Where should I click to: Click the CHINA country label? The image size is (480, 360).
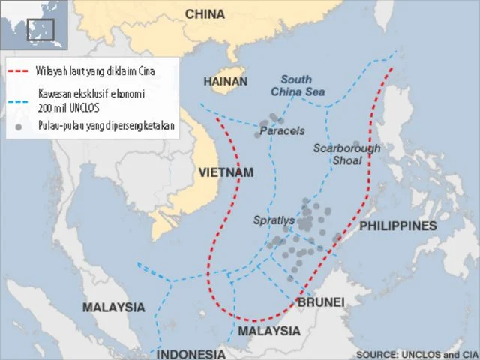point(205,13)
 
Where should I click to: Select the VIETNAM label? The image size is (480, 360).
point(226,172)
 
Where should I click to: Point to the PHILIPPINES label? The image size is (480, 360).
point(398,226)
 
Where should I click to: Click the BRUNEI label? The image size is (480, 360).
point(321,301)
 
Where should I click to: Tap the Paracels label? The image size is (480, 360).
point(282,131)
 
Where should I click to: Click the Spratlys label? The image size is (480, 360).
point(274,220)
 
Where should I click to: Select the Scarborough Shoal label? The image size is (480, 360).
point(346,154)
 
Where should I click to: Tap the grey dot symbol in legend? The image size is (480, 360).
point(19,126)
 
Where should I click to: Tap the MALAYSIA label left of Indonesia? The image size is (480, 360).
point(113,307)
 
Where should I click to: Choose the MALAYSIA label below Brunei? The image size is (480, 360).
point(268,331)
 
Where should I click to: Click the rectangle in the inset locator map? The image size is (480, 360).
point(40,29)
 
